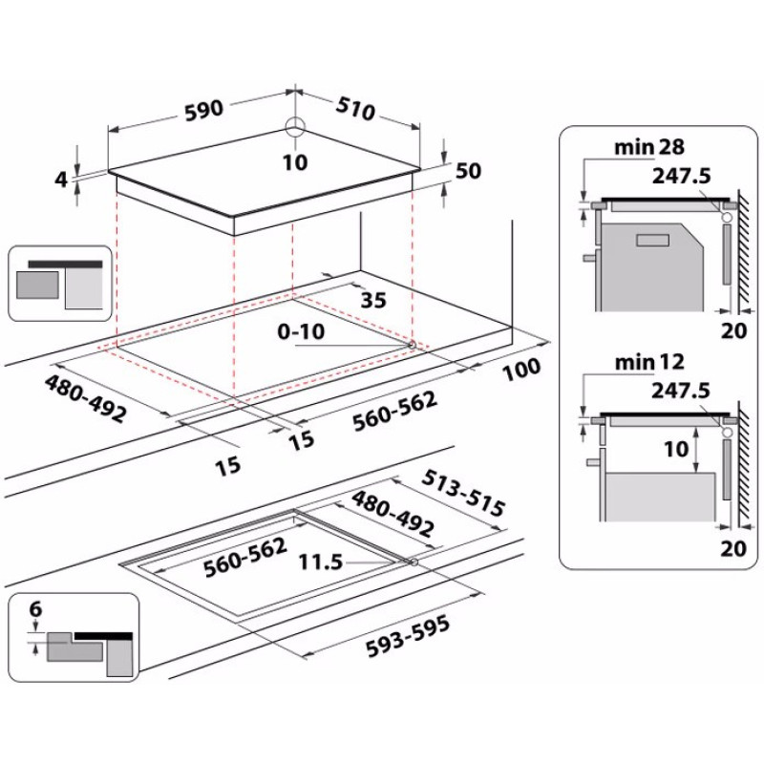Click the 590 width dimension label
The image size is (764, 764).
click(203, 108)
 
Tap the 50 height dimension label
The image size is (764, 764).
click(468, 171)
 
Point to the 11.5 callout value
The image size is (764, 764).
click(321, 562)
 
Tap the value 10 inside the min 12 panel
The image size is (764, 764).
click(676, 448)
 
